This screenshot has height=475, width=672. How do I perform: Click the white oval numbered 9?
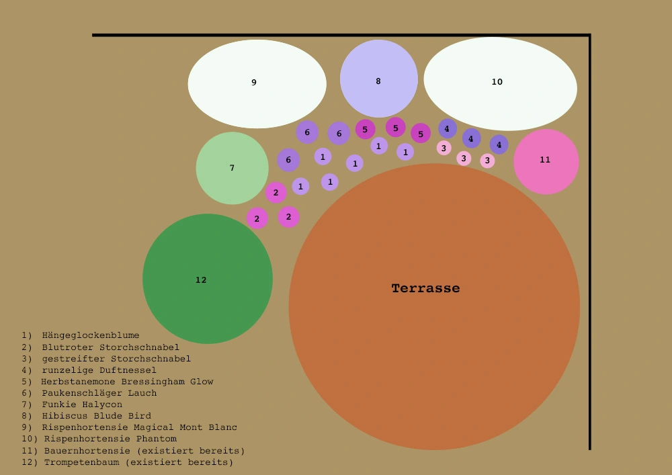tap(257, 84)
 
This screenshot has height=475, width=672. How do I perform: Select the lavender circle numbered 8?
tap(379, 79)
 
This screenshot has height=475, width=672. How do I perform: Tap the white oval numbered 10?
tap(500, 84)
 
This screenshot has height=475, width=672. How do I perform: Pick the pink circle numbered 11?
tap(546, 161)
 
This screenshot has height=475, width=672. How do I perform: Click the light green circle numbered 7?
tap(233, 168)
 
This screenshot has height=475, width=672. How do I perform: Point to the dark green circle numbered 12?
tap(208, 278)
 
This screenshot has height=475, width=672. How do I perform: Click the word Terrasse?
tap(425, 288)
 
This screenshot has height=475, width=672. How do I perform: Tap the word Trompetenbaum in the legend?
tap(82, 463)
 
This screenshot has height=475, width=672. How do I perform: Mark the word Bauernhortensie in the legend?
tap(87, 451)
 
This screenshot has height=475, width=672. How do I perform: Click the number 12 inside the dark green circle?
tap(201, 280)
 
